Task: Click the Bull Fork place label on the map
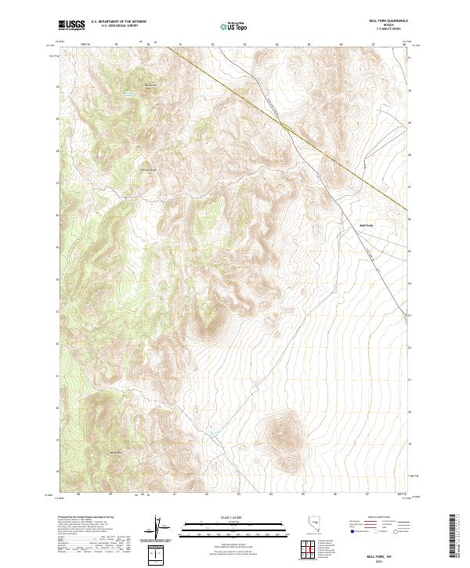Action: pos(366,225)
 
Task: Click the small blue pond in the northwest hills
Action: pos(128,93)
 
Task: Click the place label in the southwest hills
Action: pos(114,453)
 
